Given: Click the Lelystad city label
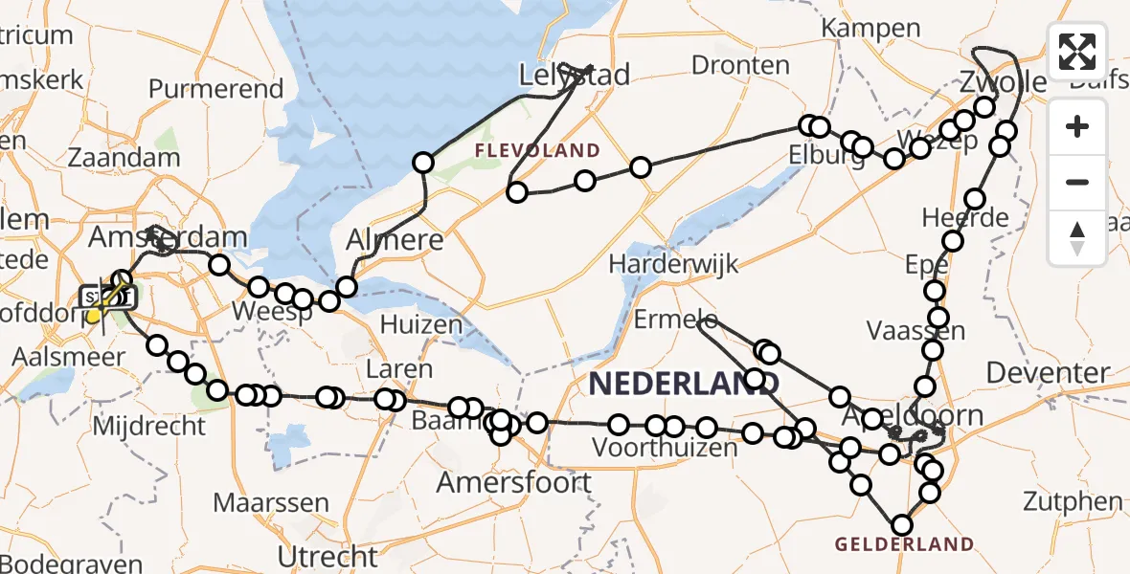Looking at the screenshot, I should coord(575,75).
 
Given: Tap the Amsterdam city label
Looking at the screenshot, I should coord(169,236).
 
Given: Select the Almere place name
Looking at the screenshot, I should coord(396,239).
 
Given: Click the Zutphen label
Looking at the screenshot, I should coord(1073,500).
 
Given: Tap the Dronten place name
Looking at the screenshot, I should coord(740,65).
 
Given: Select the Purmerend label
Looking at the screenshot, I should coord(216,90).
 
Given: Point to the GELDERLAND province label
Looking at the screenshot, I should coord(904,545).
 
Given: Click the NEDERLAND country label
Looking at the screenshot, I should coord(683,385).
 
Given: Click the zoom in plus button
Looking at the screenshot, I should coord(1077,127).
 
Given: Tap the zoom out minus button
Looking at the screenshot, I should coord(1077,182).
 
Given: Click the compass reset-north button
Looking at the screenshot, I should coord(1077,236).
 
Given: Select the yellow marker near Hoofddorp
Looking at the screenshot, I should coord(94,316).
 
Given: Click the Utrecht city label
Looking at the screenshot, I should coord(328,555).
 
